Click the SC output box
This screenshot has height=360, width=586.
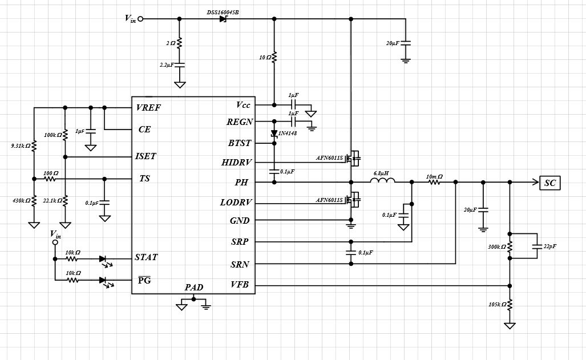point(550,183)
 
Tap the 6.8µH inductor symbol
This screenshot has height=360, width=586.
point(382,182)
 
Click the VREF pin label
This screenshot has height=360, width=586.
point(149,107)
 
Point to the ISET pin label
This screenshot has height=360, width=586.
point(146,156)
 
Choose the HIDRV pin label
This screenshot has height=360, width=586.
point(236,163)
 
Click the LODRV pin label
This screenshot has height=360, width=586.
point(236,203)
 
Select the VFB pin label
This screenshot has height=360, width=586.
point(240,285)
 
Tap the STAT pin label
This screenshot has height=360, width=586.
point(146,257)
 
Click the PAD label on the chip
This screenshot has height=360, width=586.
point(194,287)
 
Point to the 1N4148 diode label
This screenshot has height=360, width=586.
point(288,134)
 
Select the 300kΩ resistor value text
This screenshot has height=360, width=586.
point(496,247)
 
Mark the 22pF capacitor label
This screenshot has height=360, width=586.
point(550,246)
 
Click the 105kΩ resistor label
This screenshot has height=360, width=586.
point(497,305)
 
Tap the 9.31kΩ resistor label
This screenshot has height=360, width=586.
point(20,146)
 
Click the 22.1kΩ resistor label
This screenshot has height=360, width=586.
point(52,201)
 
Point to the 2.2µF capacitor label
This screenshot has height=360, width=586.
point(167,66)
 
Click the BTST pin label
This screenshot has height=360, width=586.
point(239,143)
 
